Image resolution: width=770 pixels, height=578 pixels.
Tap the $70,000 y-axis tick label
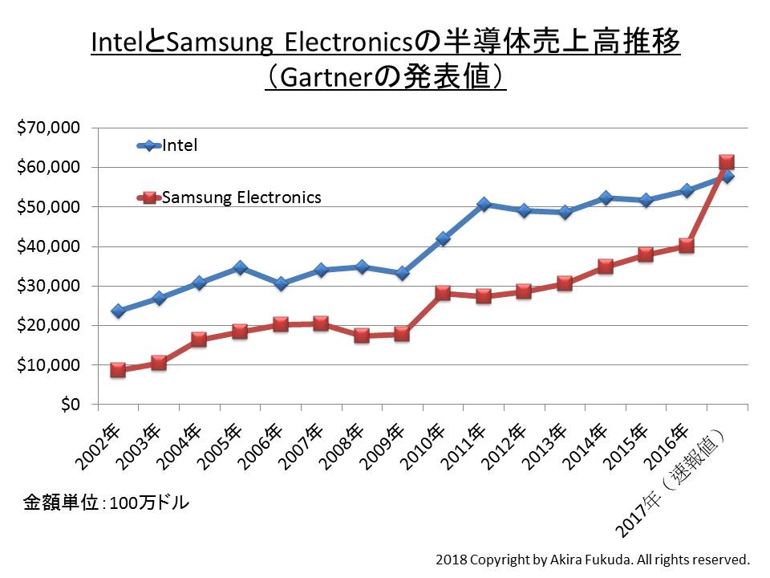click(49, 128)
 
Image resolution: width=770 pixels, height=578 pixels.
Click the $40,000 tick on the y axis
click(49, 246)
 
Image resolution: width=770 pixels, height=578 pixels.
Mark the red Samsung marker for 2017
click(727, 162)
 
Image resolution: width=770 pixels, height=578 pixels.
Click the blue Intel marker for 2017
click(727, 176)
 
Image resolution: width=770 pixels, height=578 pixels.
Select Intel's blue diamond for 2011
click(483, 205)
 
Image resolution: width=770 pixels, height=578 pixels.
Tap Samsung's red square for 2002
click(118, 370)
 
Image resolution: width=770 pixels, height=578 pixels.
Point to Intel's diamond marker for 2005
click(240, 267)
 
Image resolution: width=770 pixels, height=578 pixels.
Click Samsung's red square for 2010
click(443, 293)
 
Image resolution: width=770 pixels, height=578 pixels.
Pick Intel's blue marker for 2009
click(402, 273)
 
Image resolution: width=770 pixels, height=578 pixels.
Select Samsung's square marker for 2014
click(605, 267)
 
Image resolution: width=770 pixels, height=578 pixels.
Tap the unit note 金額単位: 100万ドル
click(106, 503)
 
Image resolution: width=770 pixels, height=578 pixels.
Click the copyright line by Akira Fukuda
click(592, 559)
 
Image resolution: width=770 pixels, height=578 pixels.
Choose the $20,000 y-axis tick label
click(49, 325)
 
